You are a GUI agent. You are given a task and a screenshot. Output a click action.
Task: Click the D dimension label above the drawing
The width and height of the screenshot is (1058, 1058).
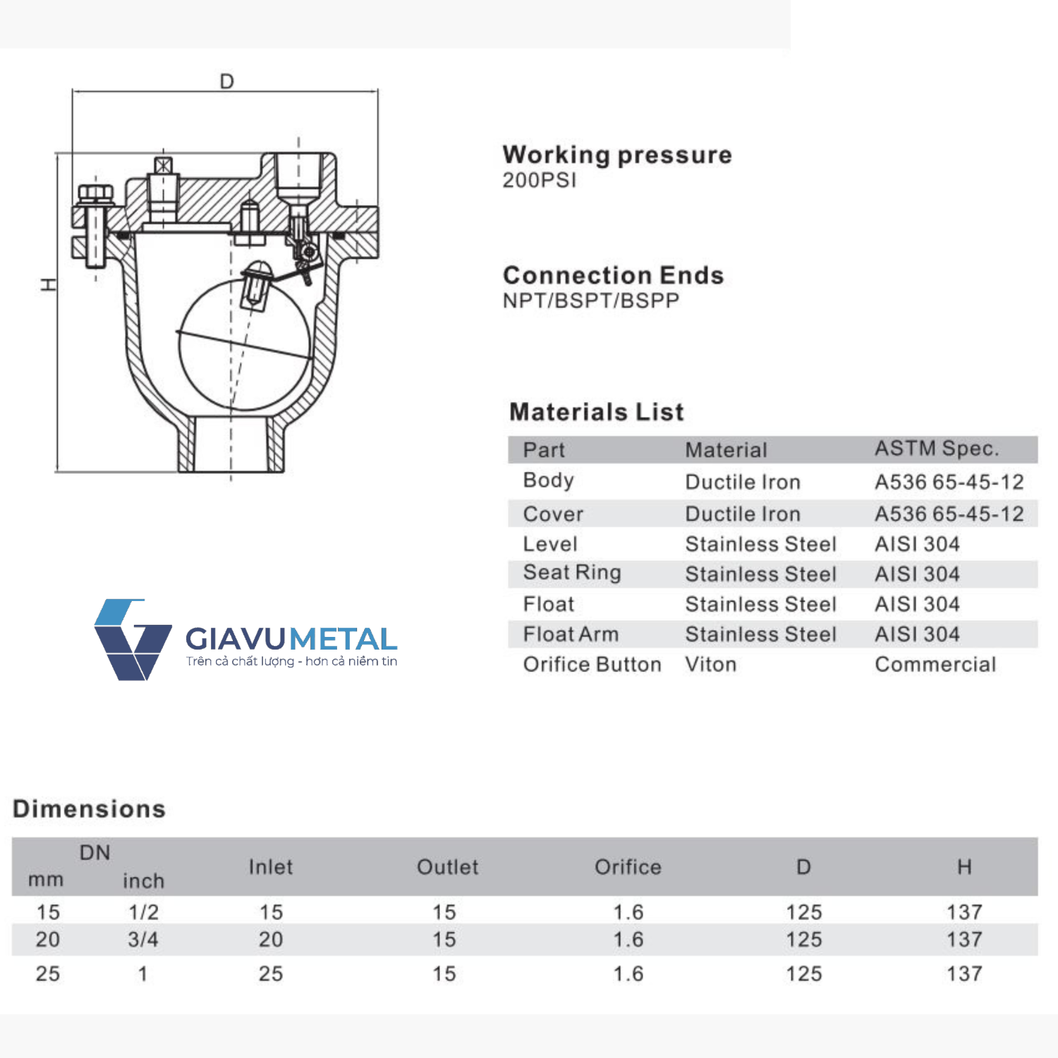point(226,82)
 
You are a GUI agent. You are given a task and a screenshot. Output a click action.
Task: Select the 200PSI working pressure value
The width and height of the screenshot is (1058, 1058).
point(540,181)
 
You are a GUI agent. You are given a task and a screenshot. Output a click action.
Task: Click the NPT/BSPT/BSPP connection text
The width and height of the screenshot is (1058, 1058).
point(591,301)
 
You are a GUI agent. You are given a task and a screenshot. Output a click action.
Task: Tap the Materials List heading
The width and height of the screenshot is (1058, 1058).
point(597,412)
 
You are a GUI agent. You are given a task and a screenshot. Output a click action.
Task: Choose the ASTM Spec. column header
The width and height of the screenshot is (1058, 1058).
point(937,449)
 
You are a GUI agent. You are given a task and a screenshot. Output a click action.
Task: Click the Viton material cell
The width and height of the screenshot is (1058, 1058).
point(710,664)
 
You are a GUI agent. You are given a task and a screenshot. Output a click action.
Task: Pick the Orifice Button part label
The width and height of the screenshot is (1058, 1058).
point(592,664)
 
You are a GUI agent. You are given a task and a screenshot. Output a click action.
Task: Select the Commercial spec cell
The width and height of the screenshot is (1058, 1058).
point(935,664)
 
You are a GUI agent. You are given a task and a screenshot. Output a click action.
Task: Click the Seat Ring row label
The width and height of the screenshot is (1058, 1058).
point(572,573)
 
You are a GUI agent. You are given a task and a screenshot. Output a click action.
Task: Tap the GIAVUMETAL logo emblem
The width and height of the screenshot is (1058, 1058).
point(132,639)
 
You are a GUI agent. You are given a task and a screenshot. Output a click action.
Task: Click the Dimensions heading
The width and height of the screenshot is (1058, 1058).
point(90,809)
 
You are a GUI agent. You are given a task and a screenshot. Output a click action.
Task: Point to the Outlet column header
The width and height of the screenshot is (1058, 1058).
point(448,867)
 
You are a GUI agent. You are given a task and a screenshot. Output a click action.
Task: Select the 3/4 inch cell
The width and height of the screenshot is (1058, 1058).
point(143,940)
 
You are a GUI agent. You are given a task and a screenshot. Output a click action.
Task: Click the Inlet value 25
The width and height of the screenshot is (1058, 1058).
point(271,974)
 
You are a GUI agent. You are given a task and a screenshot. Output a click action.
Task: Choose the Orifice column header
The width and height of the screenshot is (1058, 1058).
point(628,867)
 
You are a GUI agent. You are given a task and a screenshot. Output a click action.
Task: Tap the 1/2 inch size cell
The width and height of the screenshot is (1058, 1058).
point(143,912)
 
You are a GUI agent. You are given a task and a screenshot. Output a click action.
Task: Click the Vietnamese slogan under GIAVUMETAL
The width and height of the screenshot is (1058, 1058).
point(291,662)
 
